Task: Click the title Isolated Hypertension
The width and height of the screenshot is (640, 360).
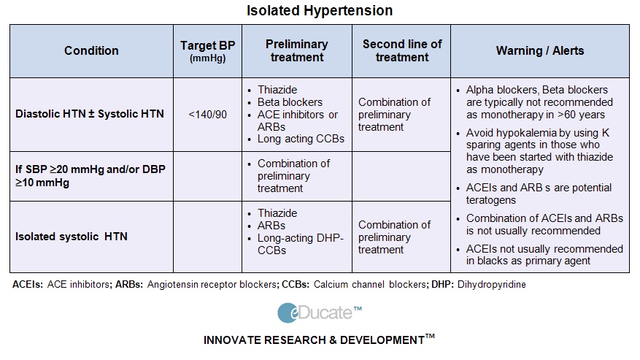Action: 320,11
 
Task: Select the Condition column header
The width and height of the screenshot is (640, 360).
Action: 91,50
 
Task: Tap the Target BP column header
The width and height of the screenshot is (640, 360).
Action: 207,50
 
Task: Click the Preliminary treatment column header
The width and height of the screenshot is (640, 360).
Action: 296,50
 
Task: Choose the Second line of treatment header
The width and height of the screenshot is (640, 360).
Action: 401,50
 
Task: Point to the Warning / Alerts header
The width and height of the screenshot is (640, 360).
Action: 539,50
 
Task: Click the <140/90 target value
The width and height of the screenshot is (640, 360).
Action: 207,114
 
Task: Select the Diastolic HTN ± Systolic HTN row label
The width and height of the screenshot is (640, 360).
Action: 90,114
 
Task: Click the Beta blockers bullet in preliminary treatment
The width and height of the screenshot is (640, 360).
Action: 290,102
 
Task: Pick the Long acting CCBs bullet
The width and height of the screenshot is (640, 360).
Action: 301,139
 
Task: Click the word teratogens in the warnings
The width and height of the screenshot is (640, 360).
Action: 493,199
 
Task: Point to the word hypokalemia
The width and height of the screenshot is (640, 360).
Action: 525,132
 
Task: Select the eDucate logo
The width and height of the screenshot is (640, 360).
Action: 319,313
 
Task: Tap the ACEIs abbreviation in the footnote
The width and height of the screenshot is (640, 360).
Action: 27,284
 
